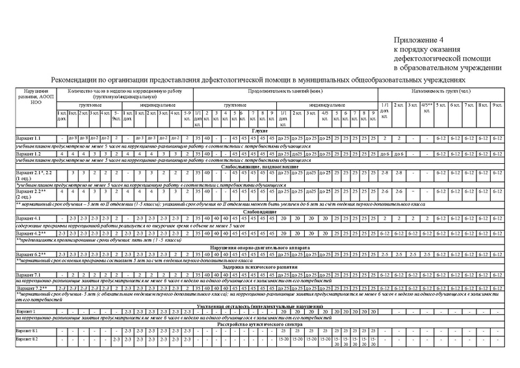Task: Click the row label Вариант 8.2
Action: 28,340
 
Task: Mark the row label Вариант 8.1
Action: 28,332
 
